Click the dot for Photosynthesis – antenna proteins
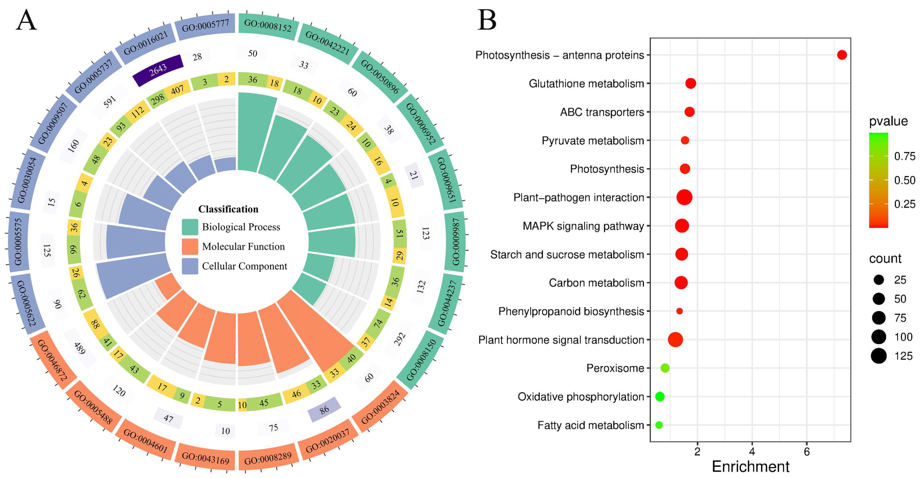click(842, 55)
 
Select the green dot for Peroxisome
click(665, 368)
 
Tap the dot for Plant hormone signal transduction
click(675, 339)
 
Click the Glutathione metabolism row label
click(586, 84)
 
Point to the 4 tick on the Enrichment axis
click(752, 452)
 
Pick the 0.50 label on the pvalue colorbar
click(904, 180)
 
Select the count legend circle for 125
click(879, 356)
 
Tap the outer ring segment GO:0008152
click(268, 26)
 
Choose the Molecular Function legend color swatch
click(190, 247)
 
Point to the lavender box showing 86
click(324, 409)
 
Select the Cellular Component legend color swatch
click(190, 266)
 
